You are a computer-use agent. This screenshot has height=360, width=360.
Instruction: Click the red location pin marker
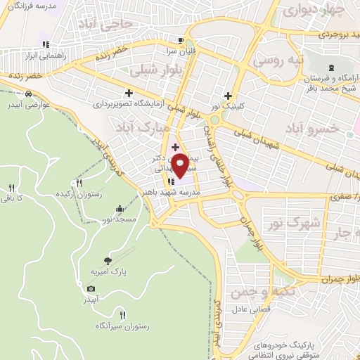pos(180,164)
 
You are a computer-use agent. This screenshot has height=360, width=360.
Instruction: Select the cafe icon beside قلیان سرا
pos(181,41)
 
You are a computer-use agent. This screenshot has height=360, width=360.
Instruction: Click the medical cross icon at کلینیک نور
pos(227,96)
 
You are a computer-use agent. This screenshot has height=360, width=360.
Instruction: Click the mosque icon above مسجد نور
pos(120,209)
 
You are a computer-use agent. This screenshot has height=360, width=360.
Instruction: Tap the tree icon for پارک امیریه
pos(107,259)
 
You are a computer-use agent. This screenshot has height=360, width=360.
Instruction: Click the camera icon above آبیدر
pos(91,288)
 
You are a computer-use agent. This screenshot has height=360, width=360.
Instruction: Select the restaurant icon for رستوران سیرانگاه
pos(123,315)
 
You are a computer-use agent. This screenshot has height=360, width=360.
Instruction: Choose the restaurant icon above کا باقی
pos(11,187)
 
